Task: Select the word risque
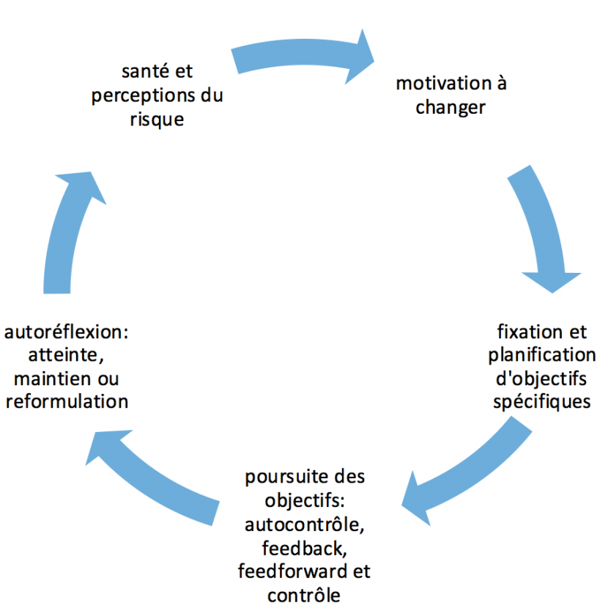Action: tap(157, 120)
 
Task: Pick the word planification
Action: tap(541, 355)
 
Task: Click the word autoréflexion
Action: tap(66, 332)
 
